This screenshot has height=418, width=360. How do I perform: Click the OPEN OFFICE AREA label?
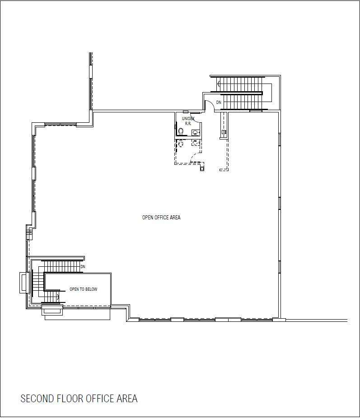pyautogui.click(x=161, y=218)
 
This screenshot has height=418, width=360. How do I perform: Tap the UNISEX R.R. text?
pyautogui.click(x=188, y=121)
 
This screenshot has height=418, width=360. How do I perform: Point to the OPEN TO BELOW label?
pyautogui.click(x=84, y=289)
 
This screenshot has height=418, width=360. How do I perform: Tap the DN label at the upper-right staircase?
pyautogui.click(x=219, y=102)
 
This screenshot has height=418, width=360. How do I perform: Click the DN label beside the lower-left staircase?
pyautogui.click(x=83, y=267)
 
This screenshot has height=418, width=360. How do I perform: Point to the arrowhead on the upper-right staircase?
pyautogui.click(x=219, y=84)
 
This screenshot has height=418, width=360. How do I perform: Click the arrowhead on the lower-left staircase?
pyautogui.click(x=58, y=296)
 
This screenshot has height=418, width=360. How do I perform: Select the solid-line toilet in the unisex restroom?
pyautogui.click(x=181, y=131)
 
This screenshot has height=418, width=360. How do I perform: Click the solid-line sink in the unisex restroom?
pyautogui.click(x=196, y=132)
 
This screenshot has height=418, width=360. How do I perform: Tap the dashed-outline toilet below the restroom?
pyautogui.click(x=181, y=144)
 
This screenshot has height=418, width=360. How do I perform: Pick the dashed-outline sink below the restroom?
pyautogui.click(x=196, y=143)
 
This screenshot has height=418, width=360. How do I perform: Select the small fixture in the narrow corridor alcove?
pyautogui.click(x=224, y=132)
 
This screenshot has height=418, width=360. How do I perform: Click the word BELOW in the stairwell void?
pyautogui.click(x=91, y=289)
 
